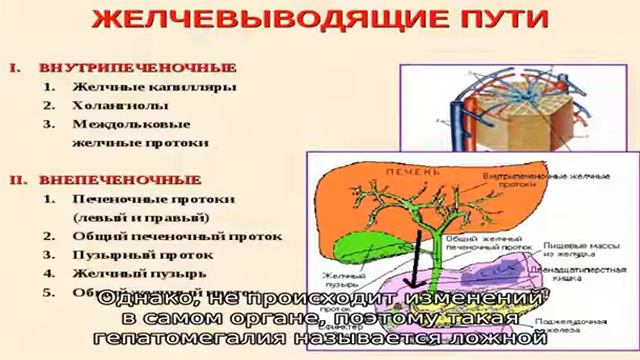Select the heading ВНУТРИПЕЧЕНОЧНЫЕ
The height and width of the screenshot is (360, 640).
[x=137, y=68]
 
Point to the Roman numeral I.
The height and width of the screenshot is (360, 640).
[x=15, y=68]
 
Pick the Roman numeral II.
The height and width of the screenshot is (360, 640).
[x=17, y=180]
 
